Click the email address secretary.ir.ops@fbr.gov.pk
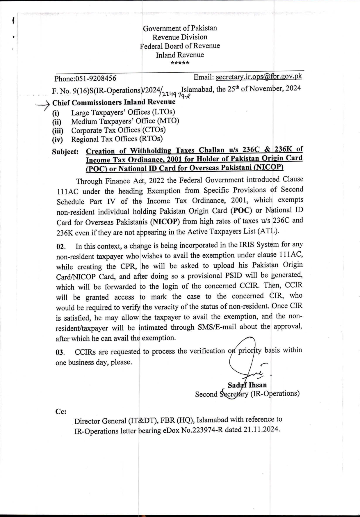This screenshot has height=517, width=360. pos(259,77)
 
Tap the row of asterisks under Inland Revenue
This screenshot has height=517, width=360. pos(180,63)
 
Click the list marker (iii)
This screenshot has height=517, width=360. pos(58,131)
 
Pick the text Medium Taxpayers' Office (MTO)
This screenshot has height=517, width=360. pos(125,121)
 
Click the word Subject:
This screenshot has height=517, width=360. pos(65,152)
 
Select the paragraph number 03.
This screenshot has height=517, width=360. pos(60,352)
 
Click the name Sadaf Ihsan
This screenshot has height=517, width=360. pos(247,385)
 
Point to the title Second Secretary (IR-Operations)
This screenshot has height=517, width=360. pos(247,394)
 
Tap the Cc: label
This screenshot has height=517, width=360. pos(61,411)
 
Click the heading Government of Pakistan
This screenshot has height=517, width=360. pos(180,28)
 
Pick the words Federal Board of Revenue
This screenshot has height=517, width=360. pos(180,46)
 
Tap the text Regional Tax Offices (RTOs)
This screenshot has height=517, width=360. pos(117,139)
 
